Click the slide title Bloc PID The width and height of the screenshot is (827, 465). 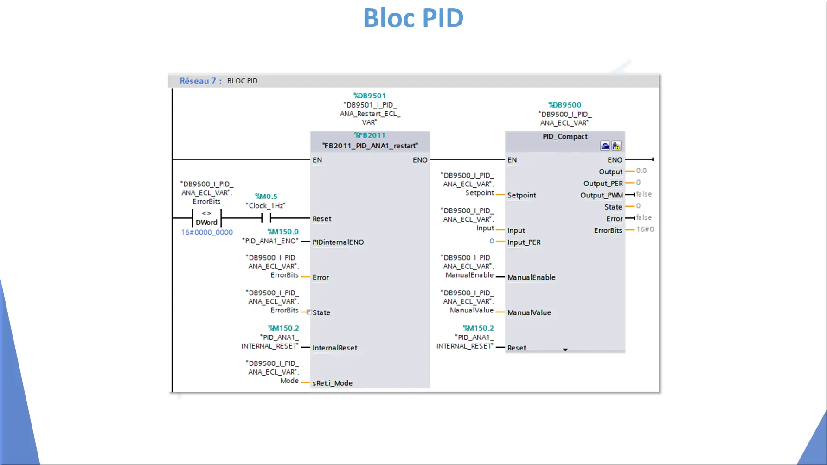[x=413, y=18]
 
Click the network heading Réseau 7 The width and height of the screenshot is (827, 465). [x=198, y=81]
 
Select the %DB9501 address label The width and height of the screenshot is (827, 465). [x=370, y=96]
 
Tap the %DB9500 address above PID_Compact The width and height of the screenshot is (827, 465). [x=564, y=105]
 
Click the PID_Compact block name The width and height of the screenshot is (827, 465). [x=565, y=136]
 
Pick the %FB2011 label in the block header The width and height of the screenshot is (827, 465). [x=370, y=135]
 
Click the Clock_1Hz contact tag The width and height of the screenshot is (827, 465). [x=265, y=205]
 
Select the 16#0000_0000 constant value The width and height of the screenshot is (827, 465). [x=207, y=232]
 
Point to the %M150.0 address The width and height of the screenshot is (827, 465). [x=283, y=231]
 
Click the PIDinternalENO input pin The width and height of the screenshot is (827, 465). [x=338, y=242]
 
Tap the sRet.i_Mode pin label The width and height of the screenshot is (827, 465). [x=333, y=383]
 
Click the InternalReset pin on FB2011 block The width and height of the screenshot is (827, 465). [x=335, y=348]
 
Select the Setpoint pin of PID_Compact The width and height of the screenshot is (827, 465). [x=522, y=195]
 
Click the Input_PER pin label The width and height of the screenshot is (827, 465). [x=524, y=242]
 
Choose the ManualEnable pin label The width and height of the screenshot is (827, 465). [x=531, y=277]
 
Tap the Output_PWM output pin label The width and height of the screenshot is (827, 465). [x=602, y=195]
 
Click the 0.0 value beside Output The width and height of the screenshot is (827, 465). [x=641, y=171]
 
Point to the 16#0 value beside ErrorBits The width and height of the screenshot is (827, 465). [x=645, y=229]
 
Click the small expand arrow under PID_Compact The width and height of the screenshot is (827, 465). [x=565, y=350]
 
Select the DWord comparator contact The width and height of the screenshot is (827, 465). [x=206, y=218]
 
